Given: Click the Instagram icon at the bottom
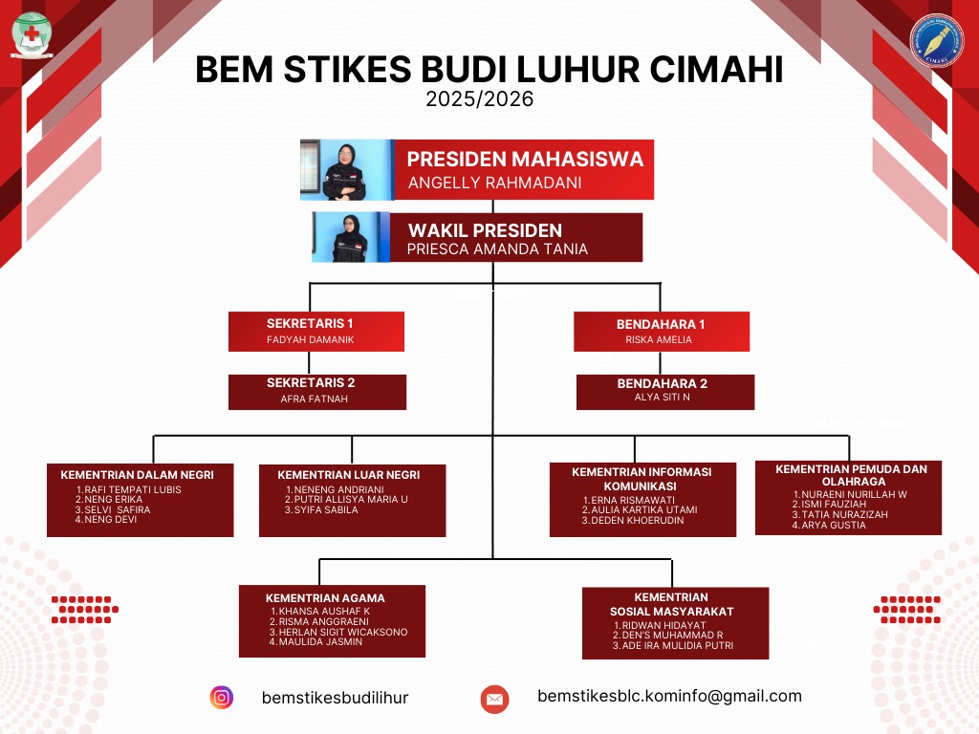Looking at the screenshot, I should point(222,698).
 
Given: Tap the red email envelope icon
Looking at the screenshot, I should point(494,699).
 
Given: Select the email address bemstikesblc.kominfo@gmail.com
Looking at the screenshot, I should point(669,697).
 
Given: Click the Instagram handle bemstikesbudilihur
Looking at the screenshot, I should point(335,699).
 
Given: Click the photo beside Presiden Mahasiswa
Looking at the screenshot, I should point(346,169).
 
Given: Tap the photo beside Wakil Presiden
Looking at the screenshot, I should point(351,237).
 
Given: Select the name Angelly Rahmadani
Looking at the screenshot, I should point(494,183).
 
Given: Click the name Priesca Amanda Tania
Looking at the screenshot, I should point(497,249).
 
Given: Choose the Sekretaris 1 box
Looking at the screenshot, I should point(316,331).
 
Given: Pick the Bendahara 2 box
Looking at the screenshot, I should point(664,391).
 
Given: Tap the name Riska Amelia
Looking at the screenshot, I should point(659,339).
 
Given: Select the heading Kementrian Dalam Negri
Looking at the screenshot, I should point(137,474).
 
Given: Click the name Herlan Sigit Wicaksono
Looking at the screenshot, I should point(340,632).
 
